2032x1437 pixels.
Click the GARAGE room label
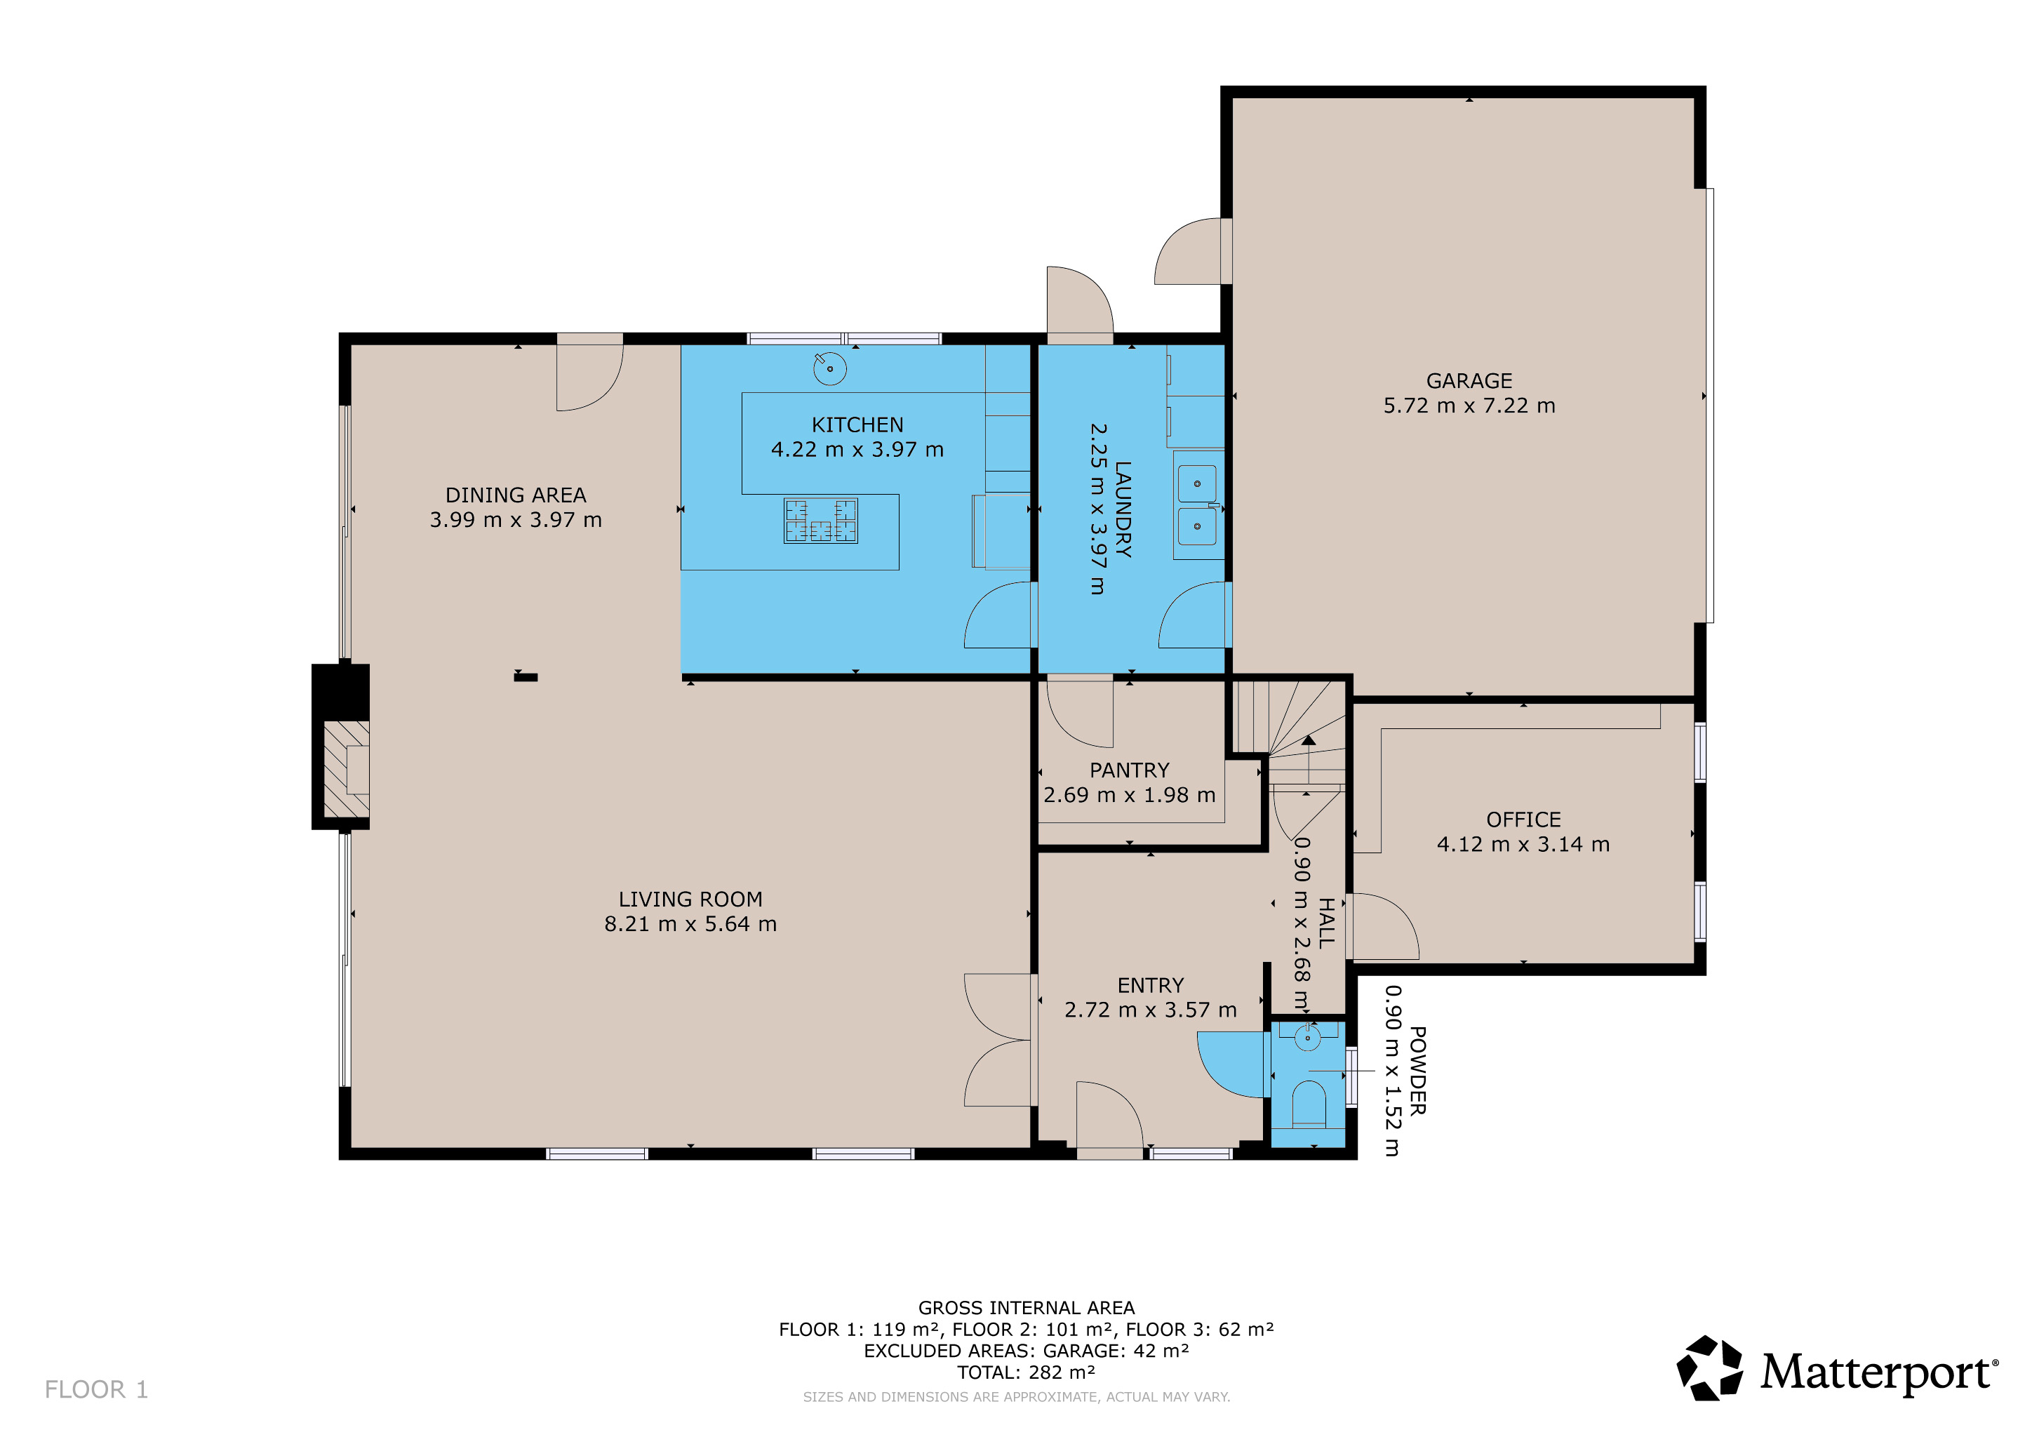[1469, 380]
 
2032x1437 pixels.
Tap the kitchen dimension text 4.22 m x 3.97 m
[857, 450]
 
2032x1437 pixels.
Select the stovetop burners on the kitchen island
[820, 521]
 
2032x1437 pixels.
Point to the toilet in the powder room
[1309, 1106]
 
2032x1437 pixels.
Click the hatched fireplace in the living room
[346, 770]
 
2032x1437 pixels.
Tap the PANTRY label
[1129, 770]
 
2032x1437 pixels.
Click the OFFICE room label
[1523, 820]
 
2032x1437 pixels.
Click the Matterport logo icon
[1710, 1368]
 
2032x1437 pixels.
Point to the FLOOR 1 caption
[96, 1389]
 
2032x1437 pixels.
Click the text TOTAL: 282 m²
[1026, 1372]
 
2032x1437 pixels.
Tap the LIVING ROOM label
[690, 899]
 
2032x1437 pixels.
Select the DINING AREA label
[515, 495]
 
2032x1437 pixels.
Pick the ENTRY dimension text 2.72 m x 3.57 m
[1151, 1010]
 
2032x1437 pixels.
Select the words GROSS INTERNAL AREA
[1026, 1308]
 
